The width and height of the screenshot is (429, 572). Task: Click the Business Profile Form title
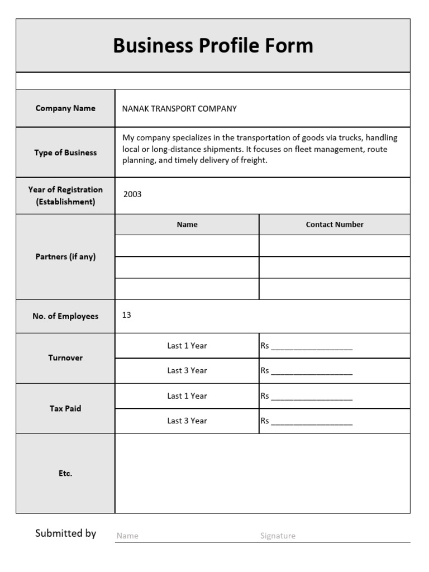pos(213,46)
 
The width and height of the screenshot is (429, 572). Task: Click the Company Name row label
pos(65,108)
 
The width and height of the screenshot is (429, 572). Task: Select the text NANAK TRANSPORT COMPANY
pos(179,109)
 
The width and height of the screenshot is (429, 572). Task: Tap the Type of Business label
pos(65,152)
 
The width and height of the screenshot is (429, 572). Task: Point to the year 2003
pos(132,194)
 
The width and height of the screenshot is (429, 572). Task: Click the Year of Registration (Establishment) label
pos(65,196)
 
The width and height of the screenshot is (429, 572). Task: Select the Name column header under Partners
pos(187,225)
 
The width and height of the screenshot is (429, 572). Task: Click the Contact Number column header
pos(335,225)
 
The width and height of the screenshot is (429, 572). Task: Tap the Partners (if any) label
pos(65,257)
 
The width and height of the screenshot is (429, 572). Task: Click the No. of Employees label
pos(65,316)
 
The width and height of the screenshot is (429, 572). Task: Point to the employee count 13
pos(127,315)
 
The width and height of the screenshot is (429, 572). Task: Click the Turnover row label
pos(65,358)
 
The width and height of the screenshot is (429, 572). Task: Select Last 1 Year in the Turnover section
pos(187,346)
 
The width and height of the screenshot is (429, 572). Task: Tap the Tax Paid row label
pos(65,408)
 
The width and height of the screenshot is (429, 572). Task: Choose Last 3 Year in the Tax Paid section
pos(187,421)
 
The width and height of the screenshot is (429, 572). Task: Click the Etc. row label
pos(65,473)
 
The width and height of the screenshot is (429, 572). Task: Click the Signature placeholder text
pos(278,536)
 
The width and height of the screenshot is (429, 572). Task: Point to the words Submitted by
pos(65,533)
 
